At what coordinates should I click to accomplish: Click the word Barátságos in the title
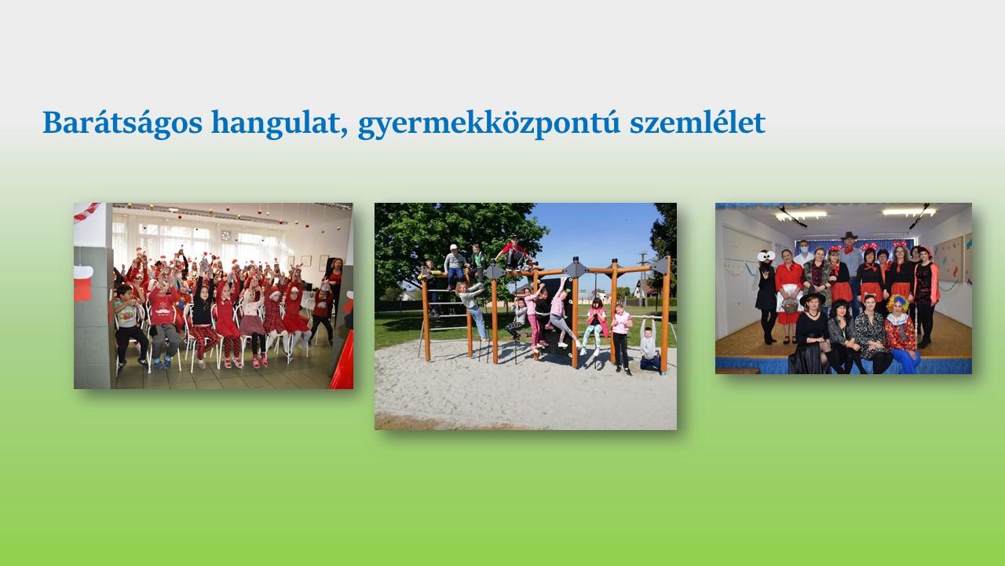point(122,123)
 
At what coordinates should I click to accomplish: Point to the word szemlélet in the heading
point(697,123)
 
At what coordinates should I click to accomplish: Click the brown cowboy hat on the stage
point(849,236)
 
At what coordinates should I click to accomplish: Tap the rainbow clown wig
point(897,303)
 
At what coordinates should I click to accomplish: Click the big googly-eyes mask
point(766,256)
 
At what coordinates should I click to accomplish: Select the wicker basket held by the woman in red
point(790,307)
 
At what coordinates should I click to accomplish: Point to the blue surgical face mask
point(804,247)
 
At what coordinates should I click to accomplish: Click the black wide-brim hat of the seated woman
point(813,298)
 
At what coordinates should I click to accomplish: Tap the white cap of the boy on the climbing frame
point(454,247)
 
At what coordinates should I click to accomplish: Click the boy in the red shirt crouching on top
point(514,254)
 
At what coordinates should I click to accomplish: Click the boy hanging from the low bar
point(649,344)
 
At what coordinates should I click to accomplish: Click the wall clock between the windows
point(225,235)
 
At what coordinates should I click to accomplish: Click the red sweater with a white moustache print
point(163,307)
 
